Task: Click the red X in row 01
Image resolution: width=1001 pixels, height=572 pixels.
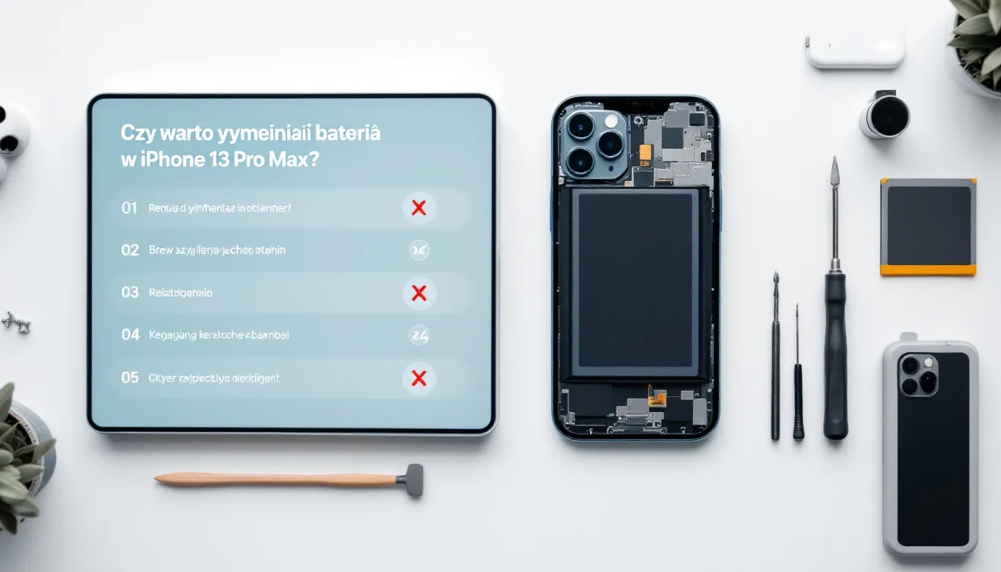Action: coord(419,208)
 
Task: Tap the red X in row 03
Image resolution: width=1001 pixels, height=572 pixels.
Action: coord(419,293)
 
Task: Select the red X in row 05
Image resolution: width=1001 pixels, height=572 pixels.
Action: coord(419,378)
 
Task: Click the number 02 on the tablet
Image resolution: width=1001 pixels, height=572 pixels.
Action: coord(130,250)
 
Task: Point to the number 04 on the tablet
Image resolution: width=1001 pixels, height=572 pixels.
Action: coord(130,335)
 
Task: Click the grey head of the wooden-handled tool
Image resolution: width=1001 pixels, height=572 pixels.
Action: coord(412,480)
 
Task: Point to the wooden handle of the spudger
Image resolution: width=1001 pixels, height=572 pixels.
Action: coord(276,480)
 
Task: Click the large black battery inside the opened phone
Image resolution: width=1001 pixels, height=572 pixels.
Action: coord(635,283)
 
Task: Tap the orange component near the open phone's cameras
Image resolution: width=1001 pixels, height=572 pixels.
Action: coord(646,153)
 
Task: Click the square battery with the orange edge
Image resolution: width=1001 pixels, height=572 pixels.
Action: coord(928,226)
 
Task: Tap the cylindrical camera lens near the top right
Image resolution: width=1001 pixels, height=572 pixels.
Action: coord(886,115)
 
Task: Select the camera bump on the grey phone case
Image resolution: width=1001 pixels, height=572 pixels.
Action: coord(919,375)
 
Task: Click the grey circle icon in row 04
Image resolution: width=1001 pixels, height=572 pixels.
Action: coord(419,336)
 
